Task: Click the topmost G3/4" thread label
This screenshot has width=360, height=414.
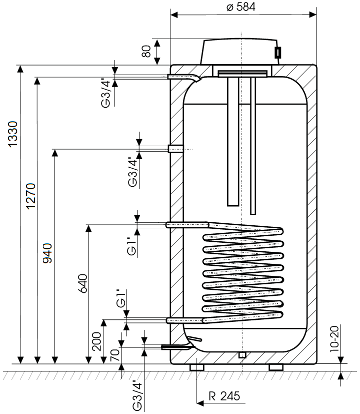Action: click(x=105, y=93)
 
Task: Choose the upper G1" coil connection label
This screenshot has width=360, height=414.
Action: click(x=131, y=245)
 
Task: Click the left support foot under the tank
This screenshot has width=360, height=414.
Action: click(x=197, y=367)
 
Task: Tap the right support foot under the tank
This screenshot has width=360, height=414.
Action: click(x=276, y=367)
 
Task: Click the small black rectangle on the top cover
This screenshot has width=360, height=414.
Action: click(x=277, y=52)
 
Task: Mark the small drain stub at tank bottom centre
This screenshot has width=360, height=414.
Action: click(x=242, y=355)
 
